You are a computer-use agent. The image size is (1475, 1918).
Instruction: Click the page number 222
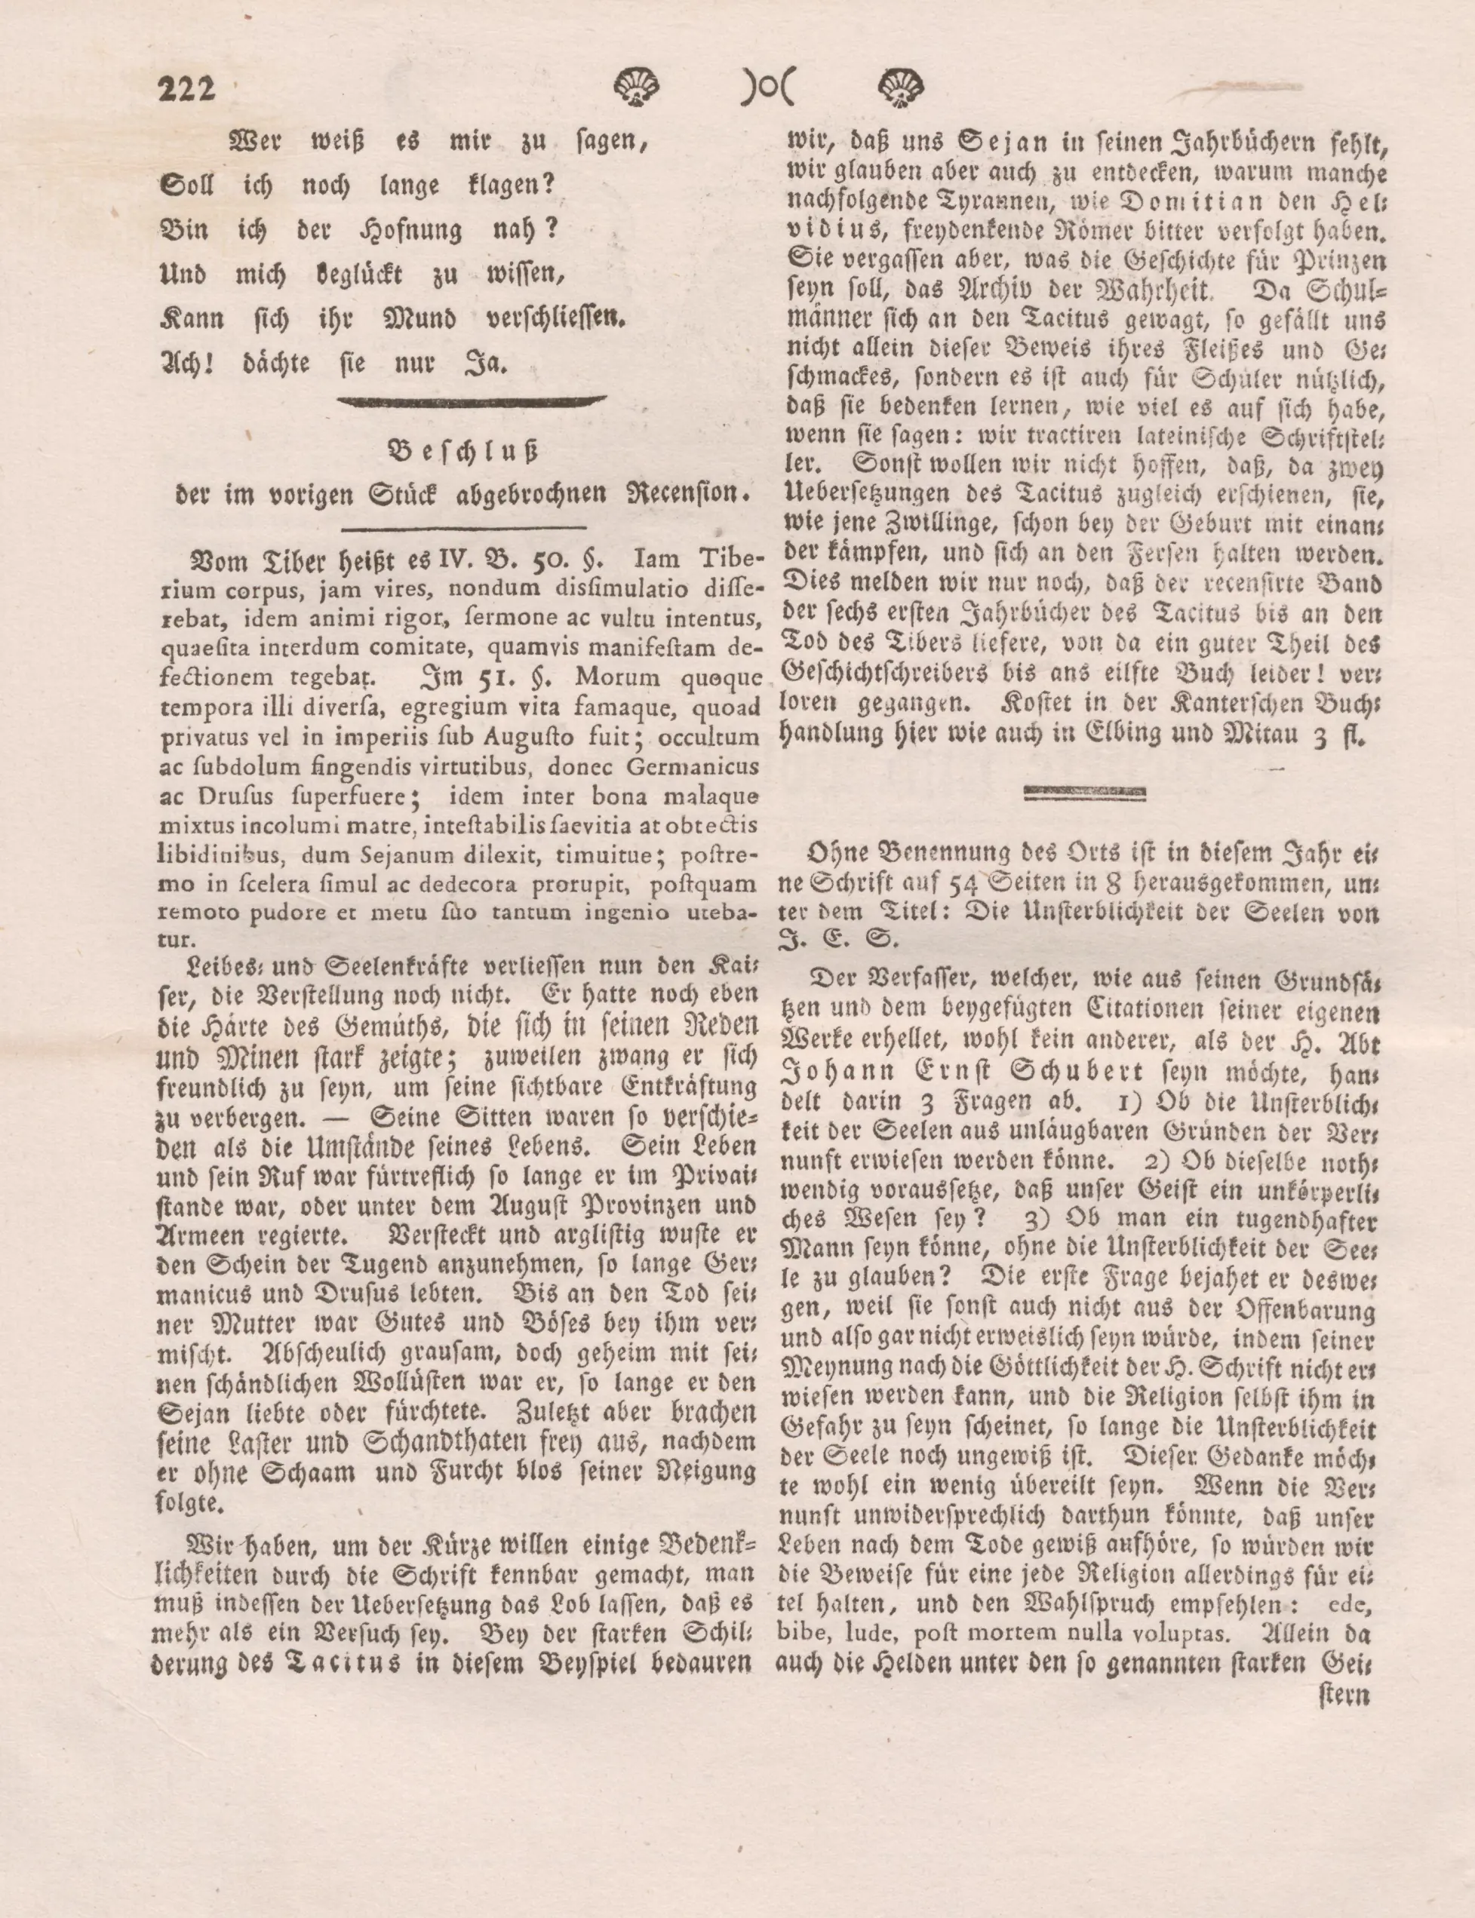coord(186,90)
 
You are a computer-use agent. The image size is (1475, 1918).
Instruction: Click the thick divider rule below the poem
coord(472,402)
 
